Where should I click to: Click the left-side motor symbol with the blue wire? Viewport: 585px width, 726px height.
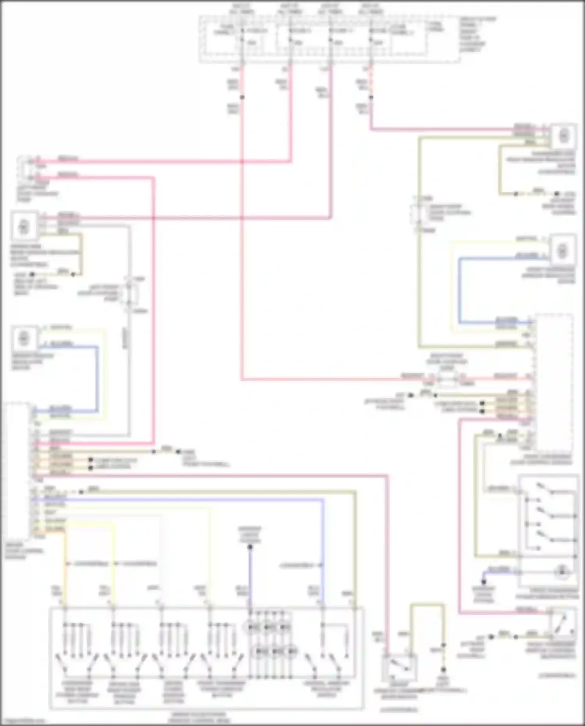(24, 338)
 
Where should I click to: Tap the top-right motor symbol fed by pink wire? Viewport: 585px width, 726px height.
(563, 136)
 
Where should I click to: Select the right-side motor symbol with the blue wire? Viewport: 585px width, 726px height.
(562, 251)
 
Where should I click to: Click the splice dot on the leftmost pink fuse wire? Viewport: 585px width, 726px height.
(242, 97)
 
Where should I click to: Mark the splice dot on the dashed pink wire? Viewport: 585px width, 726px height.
(371, 97)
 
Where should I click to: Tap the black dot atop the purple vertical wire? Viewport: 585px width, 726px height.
(250, 547)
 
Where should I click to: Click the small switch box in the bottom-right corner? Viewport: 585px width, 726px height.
(562, 622)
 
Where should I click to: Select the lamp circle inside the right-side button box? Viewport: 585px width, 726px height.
(562, 572)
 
